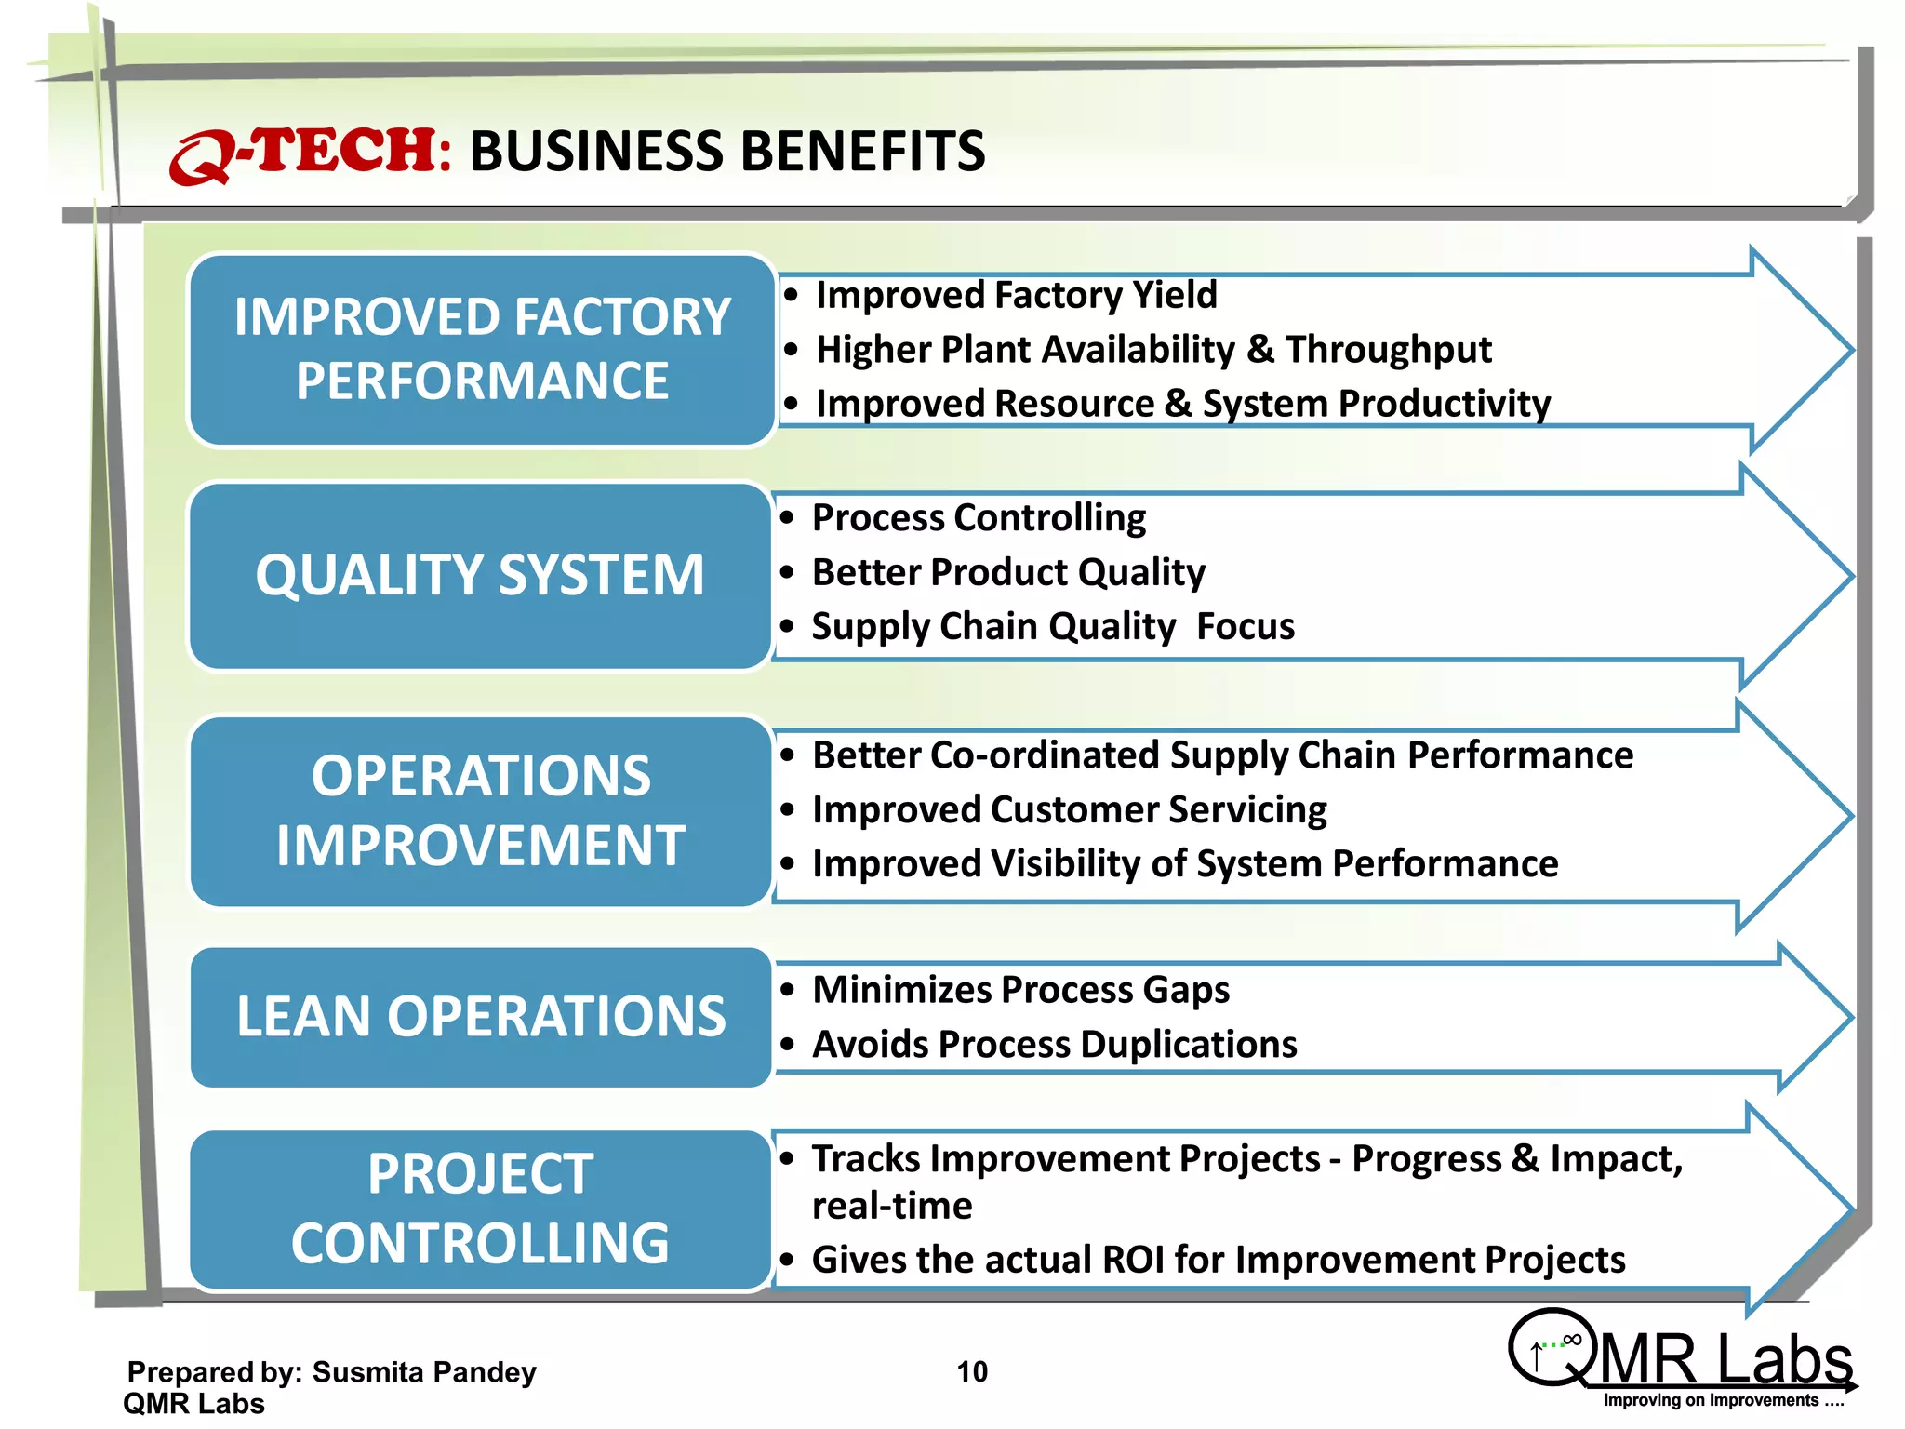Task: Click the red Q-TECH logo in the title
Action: (307, 153)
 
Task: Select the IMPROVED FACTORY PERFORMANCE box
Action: (482, 349)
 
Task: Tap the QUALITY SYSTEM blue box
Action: (480, 575)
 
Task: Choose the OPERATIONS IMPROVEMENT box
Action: (480, 810)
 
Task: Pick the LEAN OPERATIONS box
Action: (480, 1016)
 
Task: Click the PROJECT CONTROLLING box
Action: (480, 1209)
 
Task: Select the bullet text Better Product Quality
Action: (1008, 572)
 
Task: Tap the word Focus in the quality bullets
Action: (1245, 626)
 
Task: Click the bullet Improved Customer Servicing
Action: (1069, 809)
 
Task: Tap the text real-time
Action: (891, 1206)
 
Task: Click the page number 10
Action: (972, 1371)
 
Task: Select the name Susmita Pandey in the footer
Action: (424, 1372)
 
